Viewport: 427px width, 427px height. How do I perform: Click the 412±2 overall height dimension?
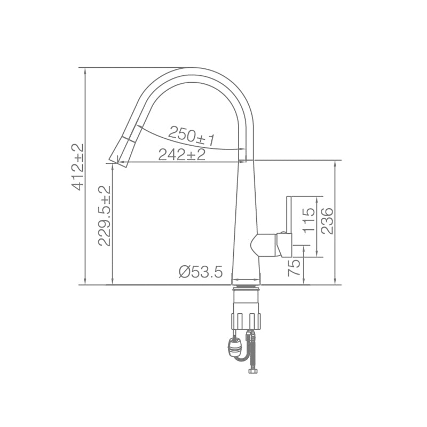pyautogui.click(x=78, y=167)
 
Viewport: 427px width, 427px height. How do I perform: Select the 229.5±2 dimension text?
pyautogui.click(x=105, y=215)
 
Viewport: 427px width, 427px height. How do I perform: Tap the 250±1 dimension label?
pyautogui.click(x=191, y=136)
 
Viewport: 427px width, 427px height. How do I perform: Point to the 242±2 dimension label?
pyautogui.click(x=181, y=155)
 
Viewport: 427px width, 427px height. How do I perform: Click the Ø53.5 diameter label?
pyautogui.click(x=200, y=272)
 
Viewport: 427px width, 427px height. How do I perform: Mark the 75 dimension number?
pyautogui.click(x=294, y=267)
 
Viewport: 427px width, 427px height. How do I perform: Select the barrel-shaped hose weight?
pyautogui.click(x=234, y=347)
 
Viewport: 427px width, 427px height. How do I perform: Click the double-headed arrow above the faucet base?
pyautogui.click(x=246, y=279)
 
